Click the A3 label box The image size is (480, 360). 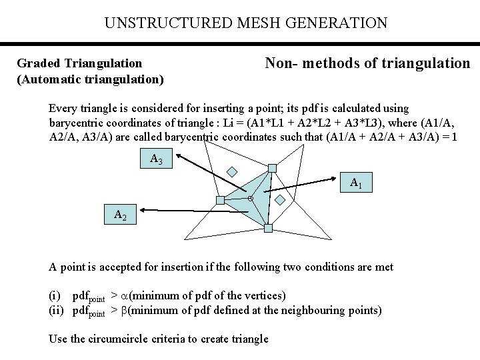pyautogui.click(x=157, y=159)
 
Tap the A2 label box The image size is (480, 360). pyautogui.click(x=121, y=215)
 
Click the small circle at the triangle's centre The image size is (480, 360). pyautogui.click(x=250, y=199)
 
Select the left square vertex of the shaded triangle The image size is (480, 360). pyautogui.click(x=221, y=200)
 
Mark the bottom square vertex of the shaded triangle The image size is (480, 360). pyautogui.click(x=268, y=229)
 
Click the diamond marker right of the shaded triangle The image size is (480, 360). pyautogui.click(x=281, y=199)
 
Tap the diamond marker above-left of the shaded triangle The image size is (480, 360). pyautogui.click(x=231, y=171)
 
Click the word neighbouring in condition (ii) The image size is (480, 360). pyautogui.click(x=300, y=310)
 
